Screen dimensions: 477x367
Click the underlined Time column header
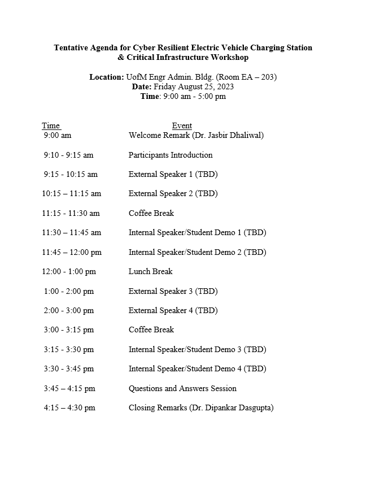pyautogui.click(x=51, y=125)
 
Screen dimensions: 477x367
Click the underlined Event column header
pyautogui.click(x=182, y=125)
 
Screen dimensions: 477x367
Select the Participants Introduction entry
pyautogui.click(x=171, y=155)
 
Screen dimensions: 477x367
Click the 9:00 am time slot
pyautogui.click(x=58, y=135)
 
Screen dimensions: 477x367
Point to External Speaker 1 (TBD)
pyautogui.click(x=173, y=174)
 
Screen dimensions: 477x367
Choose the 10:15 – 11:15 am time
pyautogui.click(x=71, y=193)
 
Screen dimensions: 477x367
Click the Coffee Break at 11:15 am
pyautogui.click(x=151, y=213)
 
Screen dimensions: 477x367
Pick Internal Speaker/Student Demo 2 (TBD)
pyautogui.click(x=197, y=252)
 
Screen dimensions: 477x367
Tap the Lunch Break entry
pyautogui.click(x=151, y=271)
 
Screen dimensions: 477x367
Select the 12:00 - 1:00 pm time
pyautogui.click(x=69, y=271)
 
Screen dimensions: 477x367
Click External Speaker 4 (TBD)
pyautogui.click(x=173, y=310)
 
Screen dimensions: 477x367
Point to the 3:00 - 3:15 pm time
pyautogui.click(x=69, y=329)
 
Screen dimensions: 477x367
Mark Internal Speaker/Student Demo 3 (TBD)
pyautogui.click(x=197, y=349)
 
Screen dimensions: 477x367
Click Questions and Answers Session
pyautogui.click(x=182, y=388)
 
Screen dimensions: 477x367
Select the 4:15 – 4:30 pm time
pyautogui.click(x=69, y=407)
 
